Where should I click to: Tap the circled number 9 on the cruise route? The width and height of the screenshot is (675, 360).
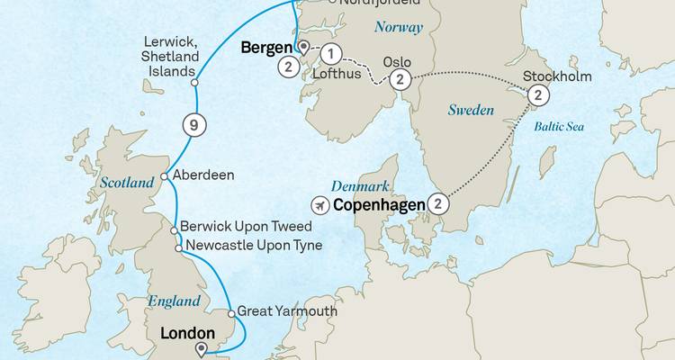click(192, 124)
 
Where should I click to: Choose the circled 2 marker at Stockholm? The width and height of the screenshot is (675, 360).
click(536, 95)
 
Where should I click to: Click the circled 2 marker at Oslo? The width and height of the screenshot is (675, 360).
click(401, 80)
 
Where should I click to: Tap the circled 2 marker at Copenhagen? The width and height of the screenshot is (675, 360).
click(436, 203)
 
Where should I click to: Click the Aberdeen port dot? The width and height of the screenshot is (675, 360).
click(164, 176)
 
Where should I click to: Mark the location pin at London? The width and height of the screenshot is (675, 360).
click(200, 350)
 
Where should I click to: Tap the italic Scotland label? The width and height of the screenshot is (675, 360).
click(127, 183)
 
